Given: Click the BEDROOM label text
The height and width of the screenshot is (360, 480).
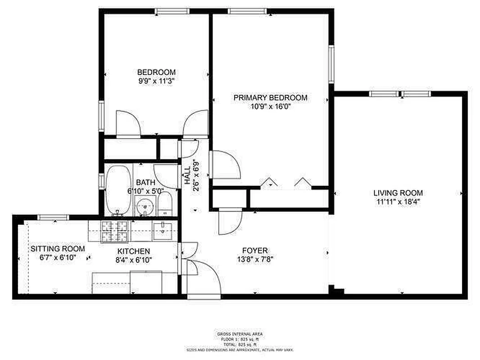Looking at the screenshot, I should tap(156, 72).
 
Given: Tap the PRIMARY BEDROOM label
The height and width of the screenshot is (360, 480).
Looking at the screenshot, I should tap(270, 98).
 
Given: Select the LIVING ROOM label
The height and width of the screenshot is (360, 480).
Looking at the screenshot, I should tap(398, 193).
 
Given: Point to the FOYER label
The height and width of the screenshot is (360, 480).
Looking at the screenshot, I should tap(255, 251).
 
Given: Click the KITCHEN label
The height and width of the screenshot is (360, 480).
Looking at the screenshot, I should tap(134, 251).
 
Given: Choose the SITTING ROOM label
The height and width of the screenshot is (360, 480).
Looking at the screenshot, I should tap(57, 248).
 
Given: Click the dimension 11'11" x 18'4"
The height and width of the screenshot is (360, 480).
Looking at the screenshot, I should tap(398, 202).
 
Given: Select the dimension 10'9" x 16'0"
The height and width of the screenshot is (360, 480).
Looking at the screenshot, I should tap(270, 107).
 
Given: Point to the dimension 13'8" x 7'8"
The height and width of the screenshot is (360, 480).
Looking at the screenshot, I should tap(255, 259).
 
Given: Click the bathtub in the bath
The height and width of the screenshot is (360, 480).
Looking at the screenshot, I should tap(118, 190).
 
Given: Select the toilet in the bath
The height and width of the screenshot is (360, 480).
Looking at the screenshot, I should tap(164, 205).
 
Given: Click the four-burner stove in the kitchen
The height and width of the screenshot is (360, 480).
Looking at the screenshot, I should tap(114, 231).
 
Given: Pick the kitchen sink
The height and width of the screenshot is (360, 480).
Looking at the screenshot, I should tap(161, 230).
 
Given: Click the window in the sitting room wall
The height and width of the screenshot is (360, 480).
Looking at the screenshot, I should tap(53, 218).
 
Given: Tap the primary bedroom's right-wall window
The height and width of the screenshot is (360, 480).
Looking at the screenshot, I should tap(331, 64).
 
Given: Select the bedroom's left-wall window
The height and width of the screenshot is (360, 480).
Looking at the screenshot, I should tap(101, 116).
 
